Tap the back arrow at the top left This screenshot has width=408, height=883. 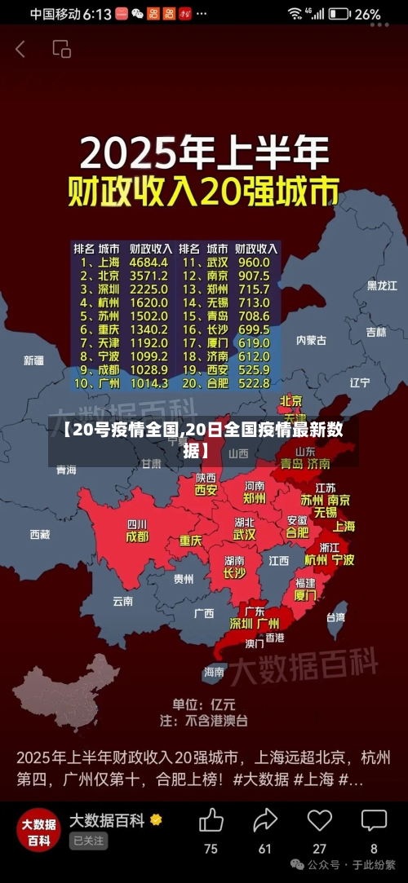click(x=20, y=49)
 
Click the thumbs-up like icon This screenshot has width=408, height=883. click(x=211, y=819)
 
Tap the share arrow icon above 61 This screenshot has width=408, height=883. click(x=265, y=819)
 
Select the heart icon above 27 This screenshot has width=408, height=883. click(x=319, y=819)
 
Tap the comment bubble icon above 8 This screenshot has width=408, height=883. click(x=374, y=819)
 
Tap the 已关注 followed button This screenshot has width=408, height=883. click(x=88, y=841)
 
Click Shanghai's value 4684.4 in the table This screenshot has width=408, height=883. click(x=148, y=263)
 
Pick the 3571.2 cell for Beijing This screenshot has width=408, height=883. click(x=148, y=276)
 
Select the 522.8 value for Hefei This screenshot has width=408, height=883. click(x=254, y=382)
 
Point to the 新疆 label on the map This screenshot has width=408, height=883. click(x=33, y=360)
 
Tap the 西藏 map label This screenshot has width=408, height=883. click(x=40, y=534)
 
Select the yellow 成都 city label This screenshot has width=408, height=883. click(x=137, y=537)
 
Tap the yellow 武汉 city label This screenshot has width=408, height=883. click(x=244, y=535)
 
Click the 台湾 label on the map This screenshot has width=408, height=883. click(x=335, y=617)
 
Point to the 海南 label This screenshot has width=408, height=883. click(x=214, y=672)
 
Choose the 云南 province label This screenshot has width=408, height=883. click(x=122, y=601)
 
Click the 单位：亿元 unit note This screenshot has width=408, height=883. click(x=203, y=704)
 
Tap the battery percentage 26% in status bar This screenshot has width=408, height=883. click(x=368, y=14)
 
